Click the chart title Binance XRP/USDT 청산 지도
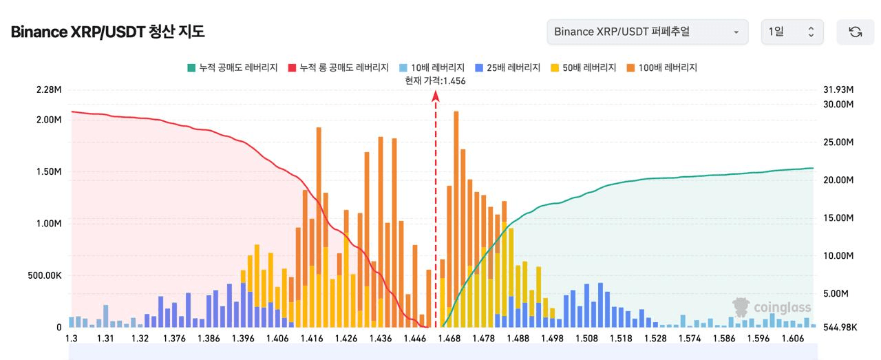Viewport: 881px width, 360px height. pyautogui.click(x=108, y=32)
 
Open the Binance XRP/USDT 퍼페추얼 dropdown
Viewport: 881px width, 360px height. pyautogui.click(x=647, y=32)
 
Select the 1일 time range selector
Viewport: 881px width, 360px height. pyautogui.click(x=792, y=32)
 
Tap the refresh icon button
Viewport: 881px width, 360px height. pyautogui.click(x=855, y=32)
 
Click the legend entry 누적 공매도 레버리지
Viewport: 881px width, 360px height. pyautogui.click(x=232, y=67)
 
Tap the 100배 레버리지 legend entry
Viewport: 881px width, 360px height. pyautogui.click(x=661, y=67)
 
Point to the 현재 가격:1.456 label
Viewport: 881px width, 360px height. pyautogui.click(x=436, y=81)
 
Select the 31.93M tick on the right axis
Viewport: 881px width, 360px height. pyautogui.click(x=838, y=89)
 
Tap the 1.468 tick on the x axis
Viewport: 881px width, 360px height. pyautogui.click(x=449, y=338)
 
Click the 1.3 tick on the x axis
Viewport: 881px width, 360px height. pyautogui.click(x=72, y=338)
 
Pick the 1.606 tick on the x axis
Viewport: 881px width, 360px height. pyautogui.click(x=793, y=338)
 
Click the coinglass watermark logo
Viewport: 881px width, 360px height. pyautogui.click(x=772, y=307)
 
